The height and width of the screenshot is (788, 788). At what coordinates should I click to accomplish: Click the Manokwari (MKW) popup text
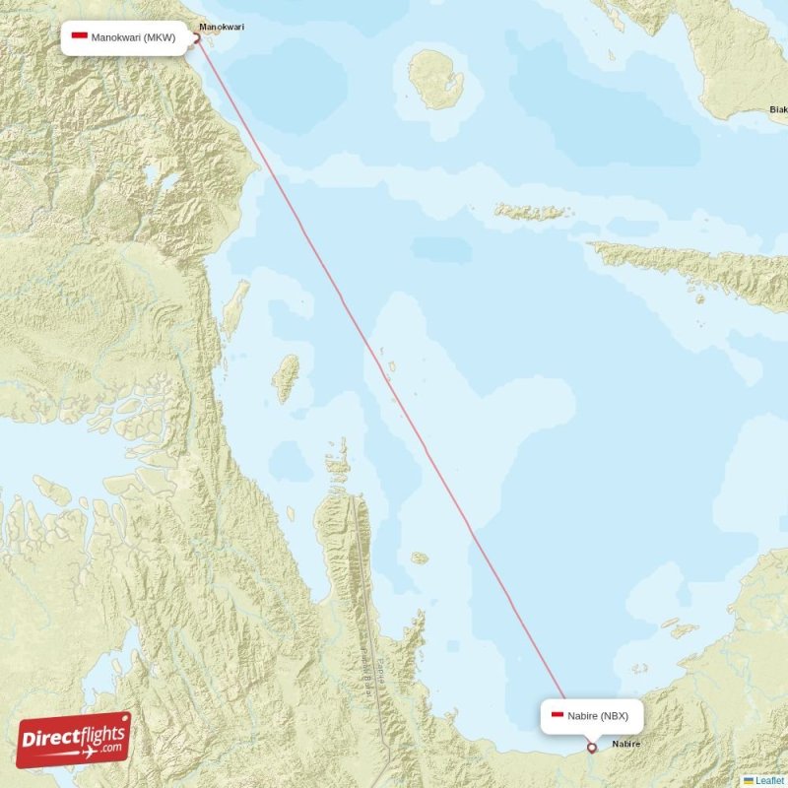point(133,38)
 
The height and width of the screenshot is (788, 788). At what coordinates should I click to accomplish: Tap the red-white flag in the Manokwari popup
point(80,37)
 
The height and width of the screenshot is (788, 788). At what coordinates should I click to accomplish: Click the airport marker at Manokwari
point(196,38)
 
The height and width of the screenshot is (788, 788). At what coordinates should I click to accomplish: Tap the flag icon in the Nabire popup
point(558,716)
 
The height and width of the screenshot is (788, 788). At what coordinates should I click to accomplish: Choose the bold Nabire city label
point(625,744)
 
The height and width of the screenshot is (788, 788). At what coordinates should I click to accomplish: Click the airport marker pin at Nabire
point(591,748)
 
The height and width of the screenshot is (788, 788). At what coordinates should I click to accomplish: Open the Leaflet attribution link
point(770,780)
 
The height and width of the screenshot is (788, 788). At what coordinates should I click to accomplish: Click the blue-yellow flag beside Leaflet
point(749,780)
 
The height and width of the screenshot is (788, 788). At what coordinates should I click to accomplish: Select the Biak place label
point(777,109)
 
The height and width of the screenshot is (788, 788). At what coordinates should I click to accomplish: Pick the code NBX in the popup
point(614,716)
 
